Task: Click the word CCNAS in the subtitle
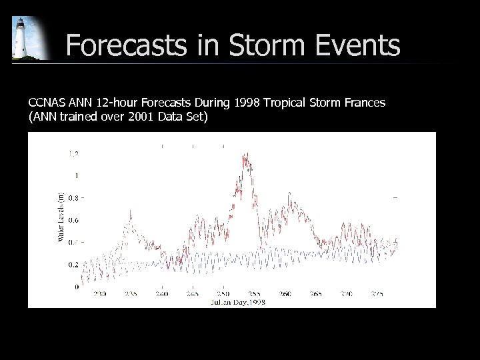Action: click(x=46, y=103)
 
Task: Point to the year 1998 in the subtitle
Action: click(x=247, y=103)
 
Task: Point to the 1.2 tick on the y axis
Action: click(x=73, y=154)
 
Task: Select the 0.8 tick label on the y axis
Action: click(x=73, y=198)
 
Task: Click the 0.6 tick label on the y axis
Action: click(x=73, y=220)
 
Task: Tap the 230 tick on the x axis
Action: click(x=100, y=293)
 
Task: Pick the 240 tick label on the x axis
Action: click(x=161, y=293)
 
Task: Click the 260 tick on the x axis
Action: click(x=285, y=293)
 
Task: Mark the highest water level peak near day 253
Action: click(x=245, y=155)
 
